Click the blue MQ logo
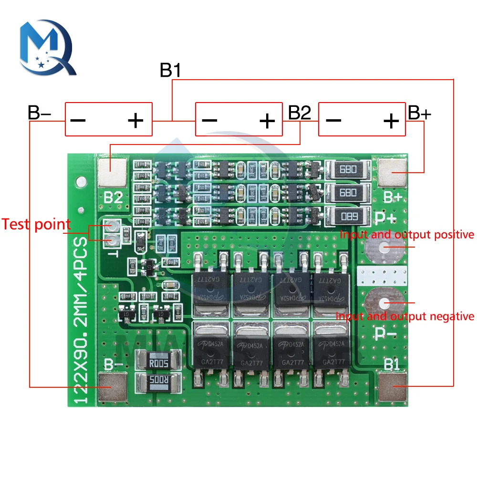(47, 47)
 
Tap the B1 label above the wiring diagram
(170, 71)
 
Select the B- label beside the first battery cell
(39, 113)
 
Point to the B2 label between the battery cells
(300, 113)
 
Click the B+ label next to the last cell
(420, 113)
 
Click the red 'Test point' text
(36, 224)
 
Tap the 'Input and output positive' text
(407, 235)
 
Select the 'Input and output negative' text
(404, 316)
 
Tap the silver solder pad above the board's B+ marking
(392, 172)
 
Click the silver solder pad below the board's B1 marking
(393, 387)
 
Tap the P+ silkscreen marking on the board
(386, 218)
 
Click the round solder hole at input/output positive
(384, 248)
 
